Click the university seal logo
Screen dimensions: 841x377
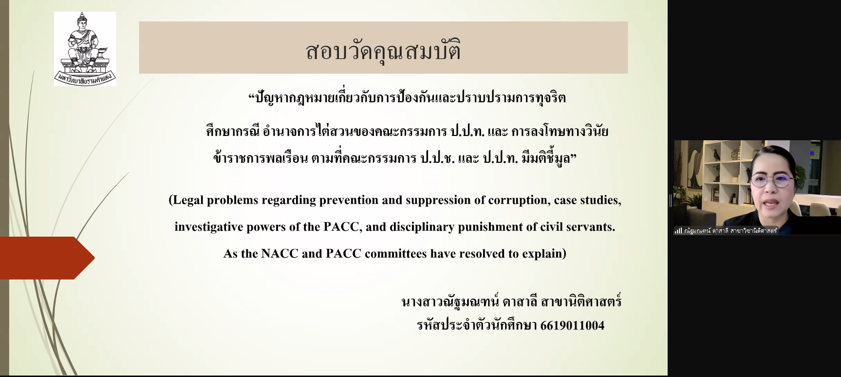click(85, 49)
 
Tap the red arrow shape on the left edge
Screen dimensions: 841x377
click(47, 258)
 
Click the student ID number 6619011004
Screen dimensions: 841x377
click(572, 325)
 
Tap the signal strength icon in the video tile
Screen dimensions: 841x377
click(678, 231)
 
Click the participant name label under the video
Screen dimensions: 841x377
click(730, 231)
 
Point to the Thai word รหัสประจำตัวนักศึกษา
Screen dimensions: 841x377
click(477, 325)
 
